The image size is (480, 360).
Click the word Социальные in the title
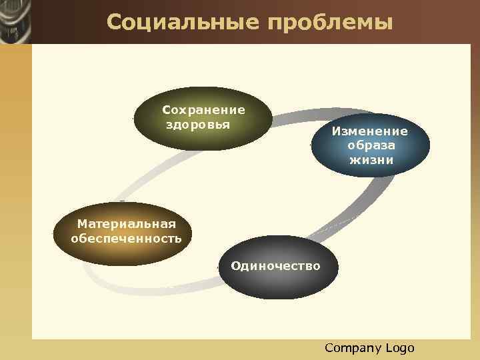pyautogui.click(x=182, y=23)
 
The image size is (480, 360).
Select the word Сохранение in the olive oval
pyautogui.click(x=204, y=110)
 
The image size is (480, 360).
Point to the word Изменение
pyautogui.click(x=371, y=131)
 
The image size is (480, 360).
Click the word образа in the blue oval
pyautogui.click(x=371, y=145)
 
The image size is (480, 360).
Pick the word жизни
pyautogui.click(x=371, y=160)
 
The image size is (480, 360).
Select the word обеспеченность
pyautogui.click(x=126, y=238)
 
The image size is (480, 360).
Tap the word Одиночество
pyautogui.click(x=275, y=266)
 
